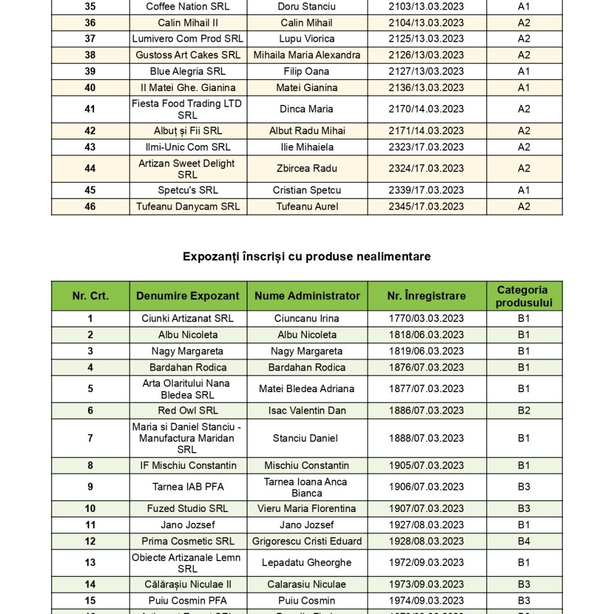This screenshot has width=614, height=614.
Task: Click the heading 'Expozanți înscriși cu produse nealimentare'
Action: pyautogui.click(x=306, y=257)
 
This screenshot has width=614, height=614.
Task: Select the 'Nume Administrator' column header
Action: pyautogui.click(x=307, y=296)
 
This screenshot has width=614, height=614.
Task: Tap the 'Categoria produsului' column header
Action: pyautogui.click(x=524, y=296)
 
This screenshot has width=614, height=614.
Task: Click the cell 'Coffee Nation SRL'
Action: pyautogui.click(x=188, y=7)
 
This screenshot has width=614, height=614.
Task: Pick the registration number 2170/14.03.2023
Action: pyautogui.click(x=426, y=109)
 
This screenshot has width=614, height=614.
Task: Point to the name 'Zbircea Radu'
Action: pyautogui.click(x=306, y=168)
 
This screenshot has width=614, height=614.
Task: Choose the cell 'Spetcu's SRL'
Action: pyautogui.click(x=188, y=190)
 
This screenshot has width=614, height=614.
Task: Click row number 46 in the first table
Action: pyautogui.click(x=90, y=206)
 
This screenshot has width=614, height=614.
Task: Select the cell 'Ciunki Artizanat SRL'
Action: pyautogui.click(x=188, y=318)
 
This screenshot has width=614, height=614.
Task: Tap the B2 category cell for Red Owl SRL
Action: pyautogui.click(x=524, y=411)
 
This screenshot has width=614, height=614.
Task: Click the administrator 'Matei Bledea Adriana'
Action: pyautogui.click(x=306, y=389)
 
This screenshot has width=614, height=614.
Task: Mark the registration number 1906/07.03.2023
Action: pyautogui.click(x=426, y=487)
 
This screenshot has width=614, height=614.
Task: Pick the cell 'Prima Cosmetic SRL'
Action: pyautogui.click(x=188, y=541)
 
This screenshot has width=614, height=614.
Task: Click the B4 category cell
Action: pyautogui.click(x=524, y=541)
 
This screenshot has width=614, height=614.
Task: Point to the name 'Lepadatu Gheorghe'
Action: pyautogui.click(x=306, y=562)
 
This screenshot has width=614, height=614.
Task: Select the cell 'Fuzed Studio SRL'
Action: pyautogui.click(x=188, y=508)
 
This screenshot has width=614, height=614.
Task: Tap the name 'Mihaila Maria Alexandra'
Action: pyautogui.click(x=306, y=55)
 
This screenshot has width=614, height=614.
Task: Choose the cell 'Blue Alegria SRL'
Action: pyautogui.click(x=188, y=71)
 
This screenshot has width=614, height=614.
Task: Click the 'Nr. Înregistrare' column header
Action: pyautogui.click(x=426, y=296)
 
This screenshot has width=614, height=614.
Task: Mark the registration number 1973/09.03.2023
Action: pyautogui.click(x=426, y=584)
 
